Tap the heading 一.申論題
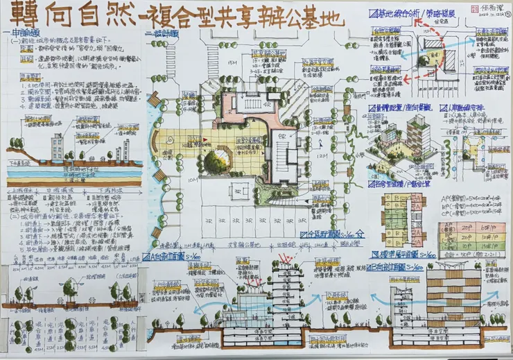coord(23,33)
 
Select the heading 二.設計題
coord(161,33)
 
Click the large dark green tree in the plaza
coord(215,163)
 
